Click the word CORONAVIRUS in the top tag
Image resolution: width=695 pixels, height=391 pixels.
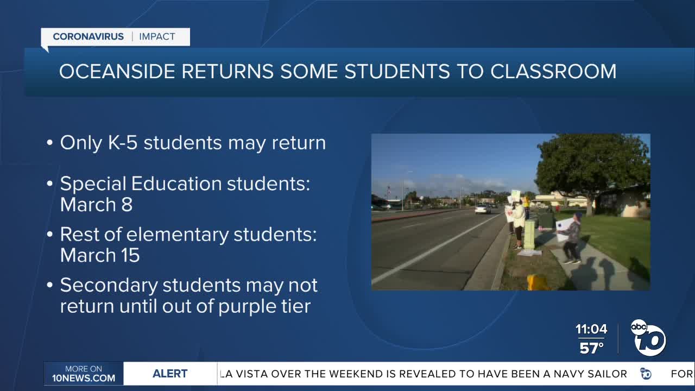(88, 37)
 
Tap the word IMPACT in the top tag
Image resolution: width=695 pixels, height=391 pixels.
(157, 37)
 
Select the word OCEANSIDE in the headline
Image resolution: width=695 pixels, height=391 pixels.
(117, 72)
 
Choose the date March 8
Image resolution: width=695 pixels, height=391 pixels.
(96, 205)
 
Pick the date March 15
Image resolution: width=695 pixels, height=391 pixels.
(100, 255)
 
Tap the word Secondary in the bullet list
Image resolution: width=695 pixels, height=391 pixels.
(108, 286)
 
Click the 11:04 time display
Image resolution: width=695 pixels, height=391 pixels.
(591, 329)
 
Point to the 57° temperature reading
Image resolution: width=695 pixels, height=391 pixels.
(591, 348)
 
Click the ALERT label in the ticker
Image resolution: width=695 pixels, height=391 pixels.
(170, 374)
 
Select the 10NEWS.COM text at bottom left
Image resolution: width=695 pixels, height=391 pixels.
(84, 378)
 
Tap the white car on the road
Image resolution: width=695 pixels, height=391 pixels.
(483, 209)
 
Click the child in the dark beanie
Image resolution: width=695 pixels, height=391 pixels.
(571, 237)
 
